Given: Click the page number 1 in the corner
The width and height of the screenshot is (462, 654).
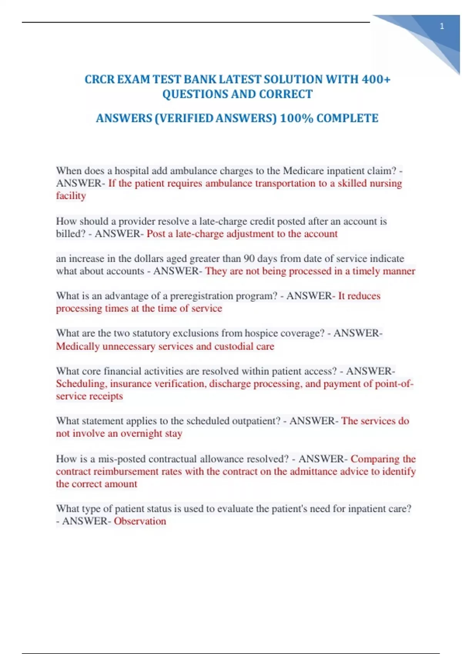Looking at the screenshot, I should click(442, 27).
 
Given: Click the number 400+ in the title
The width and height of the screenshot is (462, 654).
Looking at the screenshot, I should click(376, 79).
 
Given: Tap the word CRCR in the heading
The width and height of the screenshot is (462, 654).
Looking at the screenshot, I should click(99, 79).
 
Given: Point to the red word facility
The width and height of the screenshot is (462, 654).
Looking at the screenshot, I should click(71, 196).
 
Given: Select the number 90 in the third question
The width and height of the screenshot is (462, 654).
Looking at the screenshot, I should click(249, 259).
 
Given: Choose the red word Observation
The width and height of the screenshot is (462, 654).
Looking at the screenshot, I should click(140, 521).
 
